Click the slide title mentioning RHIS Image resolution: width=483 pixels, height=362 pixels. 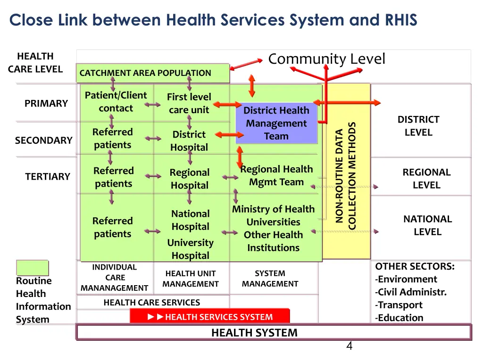click(x=213, y=20)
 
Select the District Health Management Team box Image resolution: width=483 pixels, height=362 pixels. click(x=276, y=123)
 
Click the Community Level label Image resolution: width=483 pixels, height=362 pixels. click(x=326, y=59)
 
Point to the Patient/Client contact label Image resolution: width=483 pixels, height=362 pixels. click(x=116, y=102)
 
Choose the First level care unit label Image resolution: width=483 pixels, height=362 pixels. click(x=189, y=103)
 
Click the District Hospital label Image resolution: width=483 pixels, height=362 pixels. click(x=189, y=140)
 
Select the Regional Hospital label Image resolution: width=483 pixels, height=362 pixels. click(x=189, y=179)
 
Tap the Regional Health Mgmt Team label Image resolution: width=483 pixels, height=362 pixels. click(x=276, y=175)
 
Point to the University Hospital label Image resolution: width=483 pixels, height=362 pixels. click(x=190, y=249)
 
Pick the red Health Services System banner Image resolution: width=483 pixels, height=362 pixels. click(x=209, y=317)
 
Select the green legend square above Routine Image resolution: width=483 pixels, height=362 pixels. click(x=32, y=268)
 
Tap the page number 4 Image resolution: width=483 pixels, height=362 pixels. click(x=349, y=346)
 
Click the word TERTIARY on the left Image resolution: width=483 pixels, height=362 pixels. click(x=47, y=177)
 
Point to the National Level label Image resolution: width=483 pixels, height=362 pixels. click(x=427, y=225)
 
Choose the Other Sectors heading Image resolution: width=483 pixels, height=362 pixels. click(x=415, y=266)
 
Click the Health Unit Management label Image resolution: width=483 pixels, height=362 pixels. click(x=191, y=279)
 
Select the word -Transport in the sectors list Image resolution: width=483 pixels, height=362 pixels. click(x=399, y=305)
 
